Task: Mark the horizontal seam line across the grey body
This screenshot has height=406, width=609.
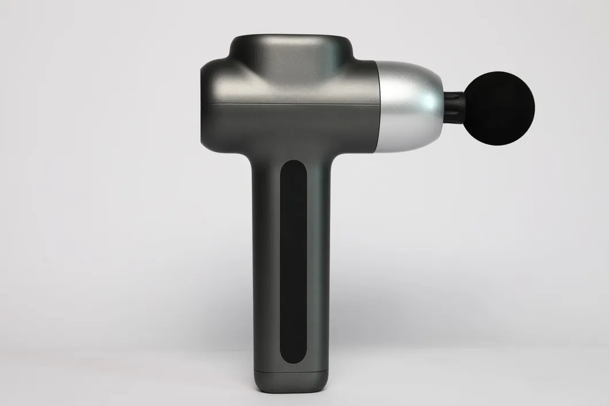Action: pos(288,103)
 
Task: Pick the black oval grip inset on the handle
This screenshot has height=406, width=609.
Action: pos(293,259)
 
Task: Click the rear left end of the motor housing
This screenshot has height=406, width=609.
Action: pos(204,109)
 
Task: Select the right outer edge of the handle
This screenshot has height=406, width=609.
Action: pos(331,259)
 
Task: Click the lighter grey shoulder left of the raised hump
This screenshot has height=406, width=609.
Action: pos(221,63)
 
